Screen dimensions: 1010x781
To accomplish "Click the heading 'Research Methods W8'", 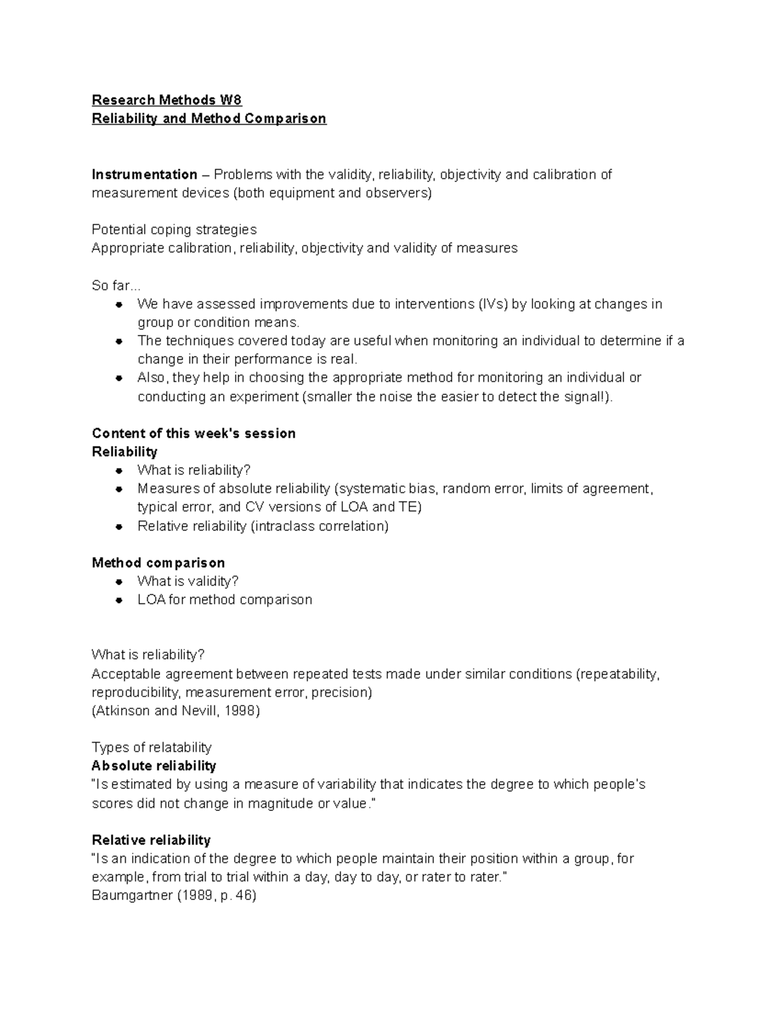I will click(x=167, y=100).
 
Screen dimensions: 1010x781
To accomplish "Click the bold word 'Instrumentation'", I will click(x=144, y=174).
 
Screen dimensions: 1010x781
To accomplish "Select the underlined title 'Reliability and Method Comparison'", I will click(x=209, y=118).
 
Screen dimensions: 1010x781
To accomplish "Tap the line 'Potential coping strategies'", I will click(x=174, y=230).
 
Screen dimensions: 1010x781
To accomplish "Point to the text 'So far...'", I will click(x=116, y=286).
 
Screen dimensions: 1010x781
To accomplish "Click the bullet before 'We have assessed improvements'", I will click(x=118, y=304).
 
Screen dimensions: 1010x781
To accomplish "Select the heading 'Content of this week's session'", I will click(x=193, y=433).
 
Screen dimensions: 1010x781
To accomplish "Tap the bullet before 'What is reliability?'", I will click(x=118, y=470).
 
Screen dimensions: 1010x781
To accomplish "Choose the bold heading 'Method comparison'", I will click(x=158, y=563).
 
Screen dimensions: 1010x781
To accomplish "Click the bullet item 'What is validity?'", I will click(x=188, y=581).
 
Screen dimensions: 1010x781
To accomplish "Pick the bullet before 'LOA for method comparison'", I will click(x=118, y=600).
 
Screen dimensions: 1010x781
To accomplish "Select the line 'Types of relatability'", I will click(x=151, y=747).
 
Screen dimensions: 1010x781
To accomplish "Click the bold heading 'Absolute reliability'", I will click(x=154, y=765).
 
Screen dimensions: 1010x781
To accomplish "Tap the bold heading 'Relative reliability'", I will click(x=151, y=840).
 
